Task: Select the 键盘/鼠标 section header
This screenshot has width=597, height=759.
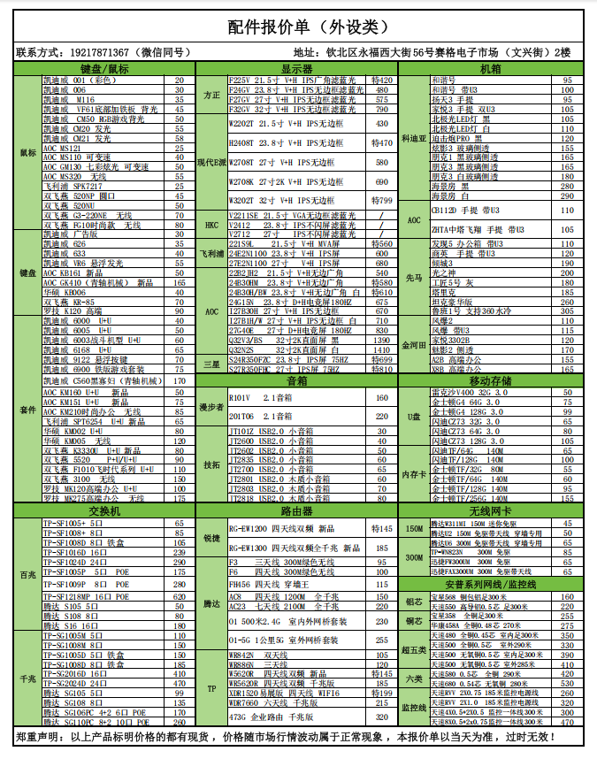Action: [x=104, y=68]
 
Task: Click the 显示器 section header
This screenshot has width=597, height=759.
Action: [x=297, y=68]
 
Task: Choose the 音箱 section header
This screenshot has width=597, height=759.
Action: [x=297, y=381]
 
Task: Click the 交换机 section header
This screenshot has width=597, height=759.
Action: [x=104, y=511]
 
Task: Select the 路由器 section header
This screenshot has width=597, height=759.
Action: [x=297, y=511]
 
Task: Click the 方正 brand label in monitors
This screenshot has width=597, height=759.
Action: [x=211, y=95]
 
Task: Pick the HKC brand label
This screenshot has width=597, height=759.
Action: [x=211, y=226]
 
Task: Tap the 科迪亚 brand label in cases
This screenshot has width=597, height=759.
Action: [x=414, y=138]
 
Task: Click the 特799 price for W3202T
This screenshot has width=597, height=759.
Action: [x=382, y=201]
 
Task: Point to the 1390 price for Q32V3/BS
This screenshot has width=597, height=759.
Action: [x=382, y=340]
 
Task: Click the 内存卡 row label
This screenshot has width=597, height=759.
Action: [x=414, y=474]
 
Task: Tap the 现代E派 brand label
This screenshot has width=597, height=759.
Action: [x=211, y=164]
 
